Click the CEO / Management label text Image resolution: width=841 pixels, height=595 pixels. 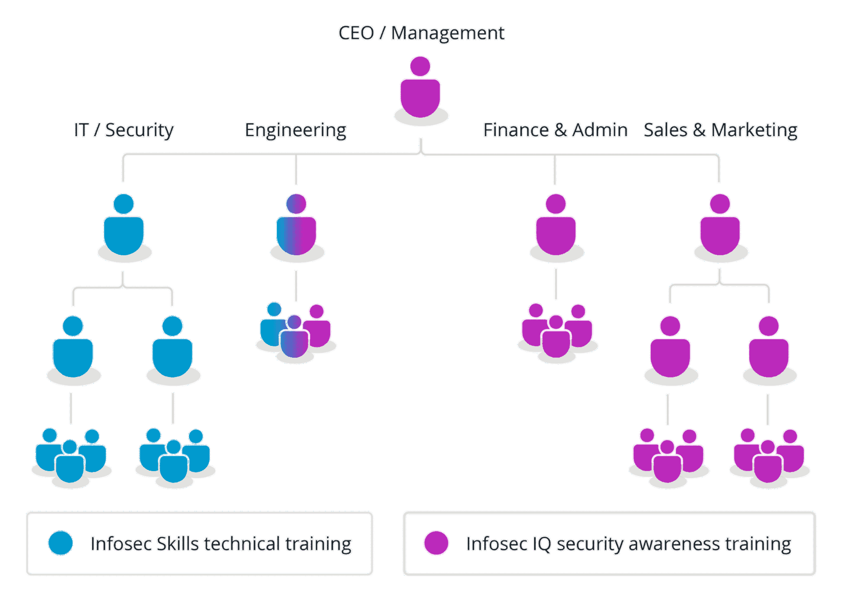(421, 33)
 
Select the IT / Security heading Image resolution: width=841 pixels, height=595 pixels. (124, 130)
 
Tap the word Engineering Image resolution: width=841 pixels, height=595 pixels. (296, 130)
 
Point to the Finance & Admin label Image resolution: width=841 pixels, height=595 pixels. (555, 130)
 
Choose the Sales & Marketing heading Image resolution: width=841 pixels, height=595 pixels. (720, 130)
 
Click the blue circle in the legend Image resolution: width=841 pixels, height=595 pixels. (60, 543)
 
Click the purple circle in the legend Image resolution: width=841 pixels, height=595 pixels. (436, 543)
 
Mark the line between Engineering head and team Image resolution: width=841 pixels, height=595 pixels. (296, 286)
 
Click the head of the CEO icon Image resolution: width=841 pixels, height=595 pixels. (420, 66)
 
